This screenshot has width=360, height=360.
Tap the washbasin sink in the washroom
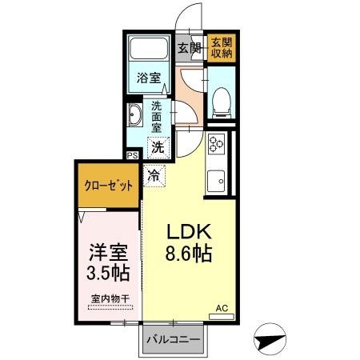134,116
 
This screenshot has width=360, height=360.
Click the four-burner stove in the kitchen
216,145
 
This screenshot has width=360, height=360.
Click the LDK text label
190,232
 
